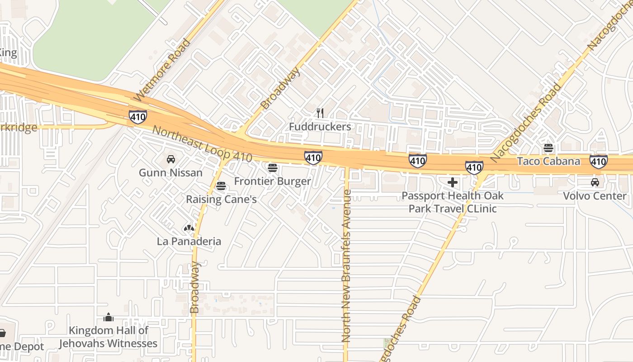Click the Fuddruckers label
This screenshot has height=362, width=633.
320,127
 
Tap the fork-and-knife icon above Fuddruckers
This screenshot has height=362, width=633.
320,113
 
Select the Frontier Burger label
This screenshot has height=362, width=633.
272,181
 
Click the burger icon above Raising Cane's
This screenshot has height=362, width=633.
221,186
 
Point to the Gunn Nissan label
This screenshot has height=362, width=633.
170,173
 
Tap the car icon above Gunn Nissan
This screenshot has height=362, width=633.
171,159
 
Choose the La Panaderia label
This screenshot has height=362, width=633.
189,241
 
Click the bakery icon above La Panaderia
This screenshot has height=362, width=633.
189,228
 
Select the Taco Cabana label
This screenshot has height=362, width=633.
548,161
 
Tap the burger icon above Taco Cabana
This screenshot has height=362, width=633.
548,148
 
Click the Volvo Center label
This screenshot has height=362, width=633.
595,196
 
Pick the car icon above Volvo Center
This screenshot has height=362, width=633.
595,182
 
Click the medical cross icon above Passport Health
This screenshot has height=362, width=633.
452,182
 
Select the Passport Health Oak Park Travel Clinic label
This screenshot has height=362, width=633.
452,202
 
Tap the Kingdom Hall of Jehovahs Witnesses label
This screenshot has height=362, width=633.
108,337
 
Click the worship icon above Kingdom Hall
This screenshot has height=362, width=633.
108,317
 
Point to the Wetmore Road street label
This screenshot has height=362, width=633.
162,70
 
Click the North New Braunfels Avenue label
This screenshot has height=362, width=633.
347,266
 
